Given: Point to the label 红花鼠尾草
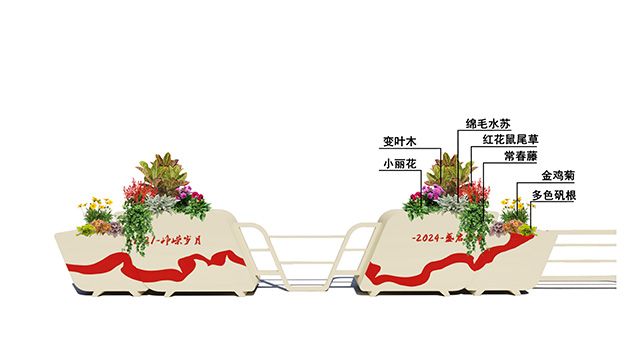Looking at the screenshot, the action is click(511, 140).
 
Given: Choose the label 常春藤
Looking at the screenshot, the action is click(520, 157).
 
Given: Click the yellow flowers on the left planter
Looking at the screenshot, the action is click(98, 211).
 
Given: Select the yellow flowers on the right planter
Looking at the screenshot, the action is click(514, 209).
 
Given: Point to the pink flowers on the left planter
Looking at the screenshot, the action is click(194, 196).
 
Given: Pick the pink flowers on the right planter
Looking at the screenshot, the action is click(432, 192).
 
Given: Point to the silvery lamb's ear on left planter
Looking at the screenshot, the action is click(160, 204).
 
